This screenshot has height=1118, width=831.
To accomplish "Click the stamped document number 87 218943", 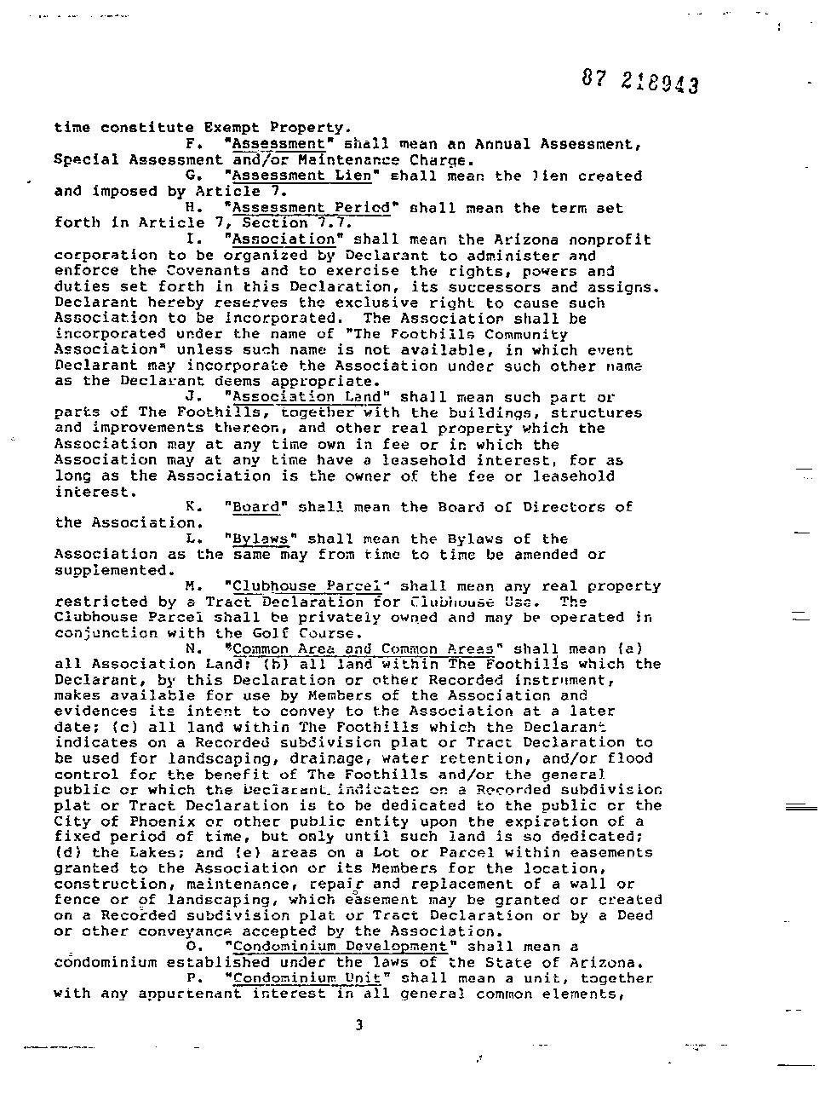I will click(641, 81).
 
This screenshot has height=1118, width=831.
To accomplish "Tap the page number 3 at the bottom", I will click(358, 1025).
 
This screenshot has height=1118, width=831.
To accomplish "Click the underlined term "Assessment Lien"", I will click(301, 176).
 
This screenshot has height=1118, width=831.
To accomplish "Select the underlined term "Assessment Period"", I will click(310, 207).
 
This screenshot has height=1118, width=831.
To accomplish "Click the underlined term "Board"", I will click(255, 507).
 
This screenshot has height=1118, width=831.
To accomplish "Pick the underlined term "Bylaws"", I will click(261, 539).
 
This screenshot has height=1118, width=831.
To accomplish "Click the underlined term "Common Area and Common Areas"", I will click(363, 649).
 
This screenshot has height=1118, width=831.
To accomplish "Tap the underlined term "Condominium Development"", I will click(339, 947).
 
